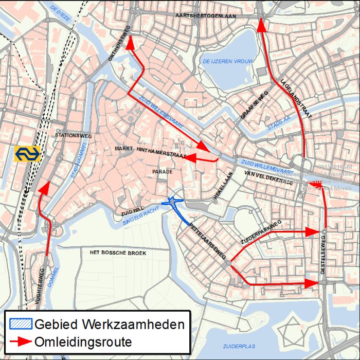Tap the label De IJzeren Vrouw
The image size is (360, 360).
tap(228, 62)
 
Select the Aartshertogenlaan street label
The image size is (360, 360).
tap(205, 16)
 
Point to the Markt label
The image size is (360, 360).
tap(124, 148)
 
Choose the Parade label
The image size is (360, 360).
tap(163, 172)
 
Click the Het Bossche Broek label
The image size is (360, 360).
tap(118, 253)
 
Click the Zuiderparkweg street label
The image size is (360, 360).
tap(261, 231)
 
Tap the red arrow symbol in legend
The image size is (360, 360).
tap(20, 341)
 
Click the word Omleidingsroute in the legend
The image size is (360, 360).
tap(83, 341)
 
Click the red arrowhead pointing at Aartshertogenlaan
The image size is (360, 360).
tap(261, 25)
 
